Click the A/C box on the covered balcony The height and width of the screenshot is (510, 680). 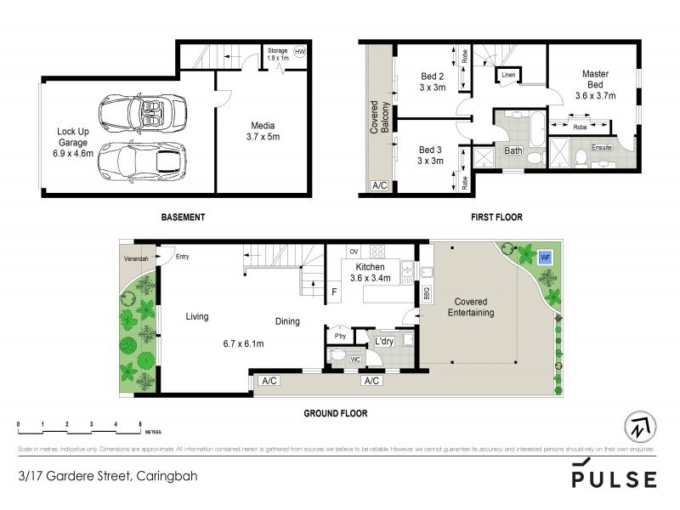point(377,185)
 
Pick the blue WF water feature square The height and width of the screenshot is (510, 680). point(543,254)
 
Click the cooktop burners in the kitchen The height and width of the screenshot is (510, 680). point(377,252)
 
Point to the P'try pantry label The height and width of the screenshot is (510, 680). point(338,335)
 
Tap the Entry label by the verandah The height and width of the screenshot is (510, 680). point(182,257)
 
